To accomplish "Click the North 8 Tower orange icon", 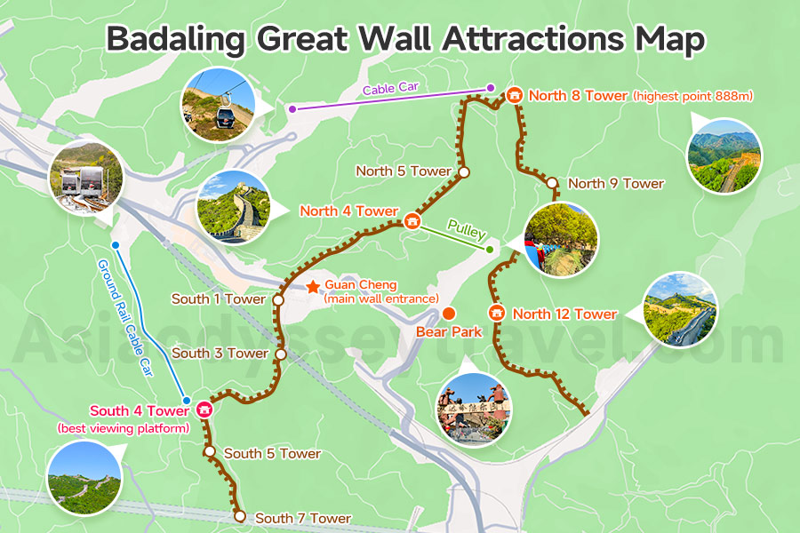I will pos(515,94).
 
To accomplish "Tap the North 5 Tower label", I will pos(404,171).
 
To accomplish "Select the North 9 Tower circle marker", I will pos(552,184).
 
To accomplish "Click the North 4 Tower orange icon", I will pos(412,220).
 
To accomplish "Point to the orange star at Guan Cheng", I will pos(313,286).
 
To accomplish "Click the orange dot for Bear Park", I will pos(449,314).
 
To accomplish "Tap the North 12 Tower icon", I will pos(497,314).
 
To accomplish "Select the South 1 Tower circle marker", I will pos(278,300).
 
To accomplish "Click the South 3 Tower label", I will pos(220,354).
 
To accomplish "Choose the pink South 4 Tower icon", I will pos(204,410).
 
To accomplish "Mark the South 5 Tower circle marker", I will pos(210,452).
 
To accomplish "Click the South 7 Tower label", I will pos(303,518).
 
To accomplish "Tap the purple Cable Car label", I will pos(388,89).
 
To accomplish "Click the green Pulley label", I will pos(467,232).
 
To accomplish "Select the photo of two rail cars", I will pos(85,176).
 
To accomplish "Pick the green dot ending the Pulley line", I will pos(490,250).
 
